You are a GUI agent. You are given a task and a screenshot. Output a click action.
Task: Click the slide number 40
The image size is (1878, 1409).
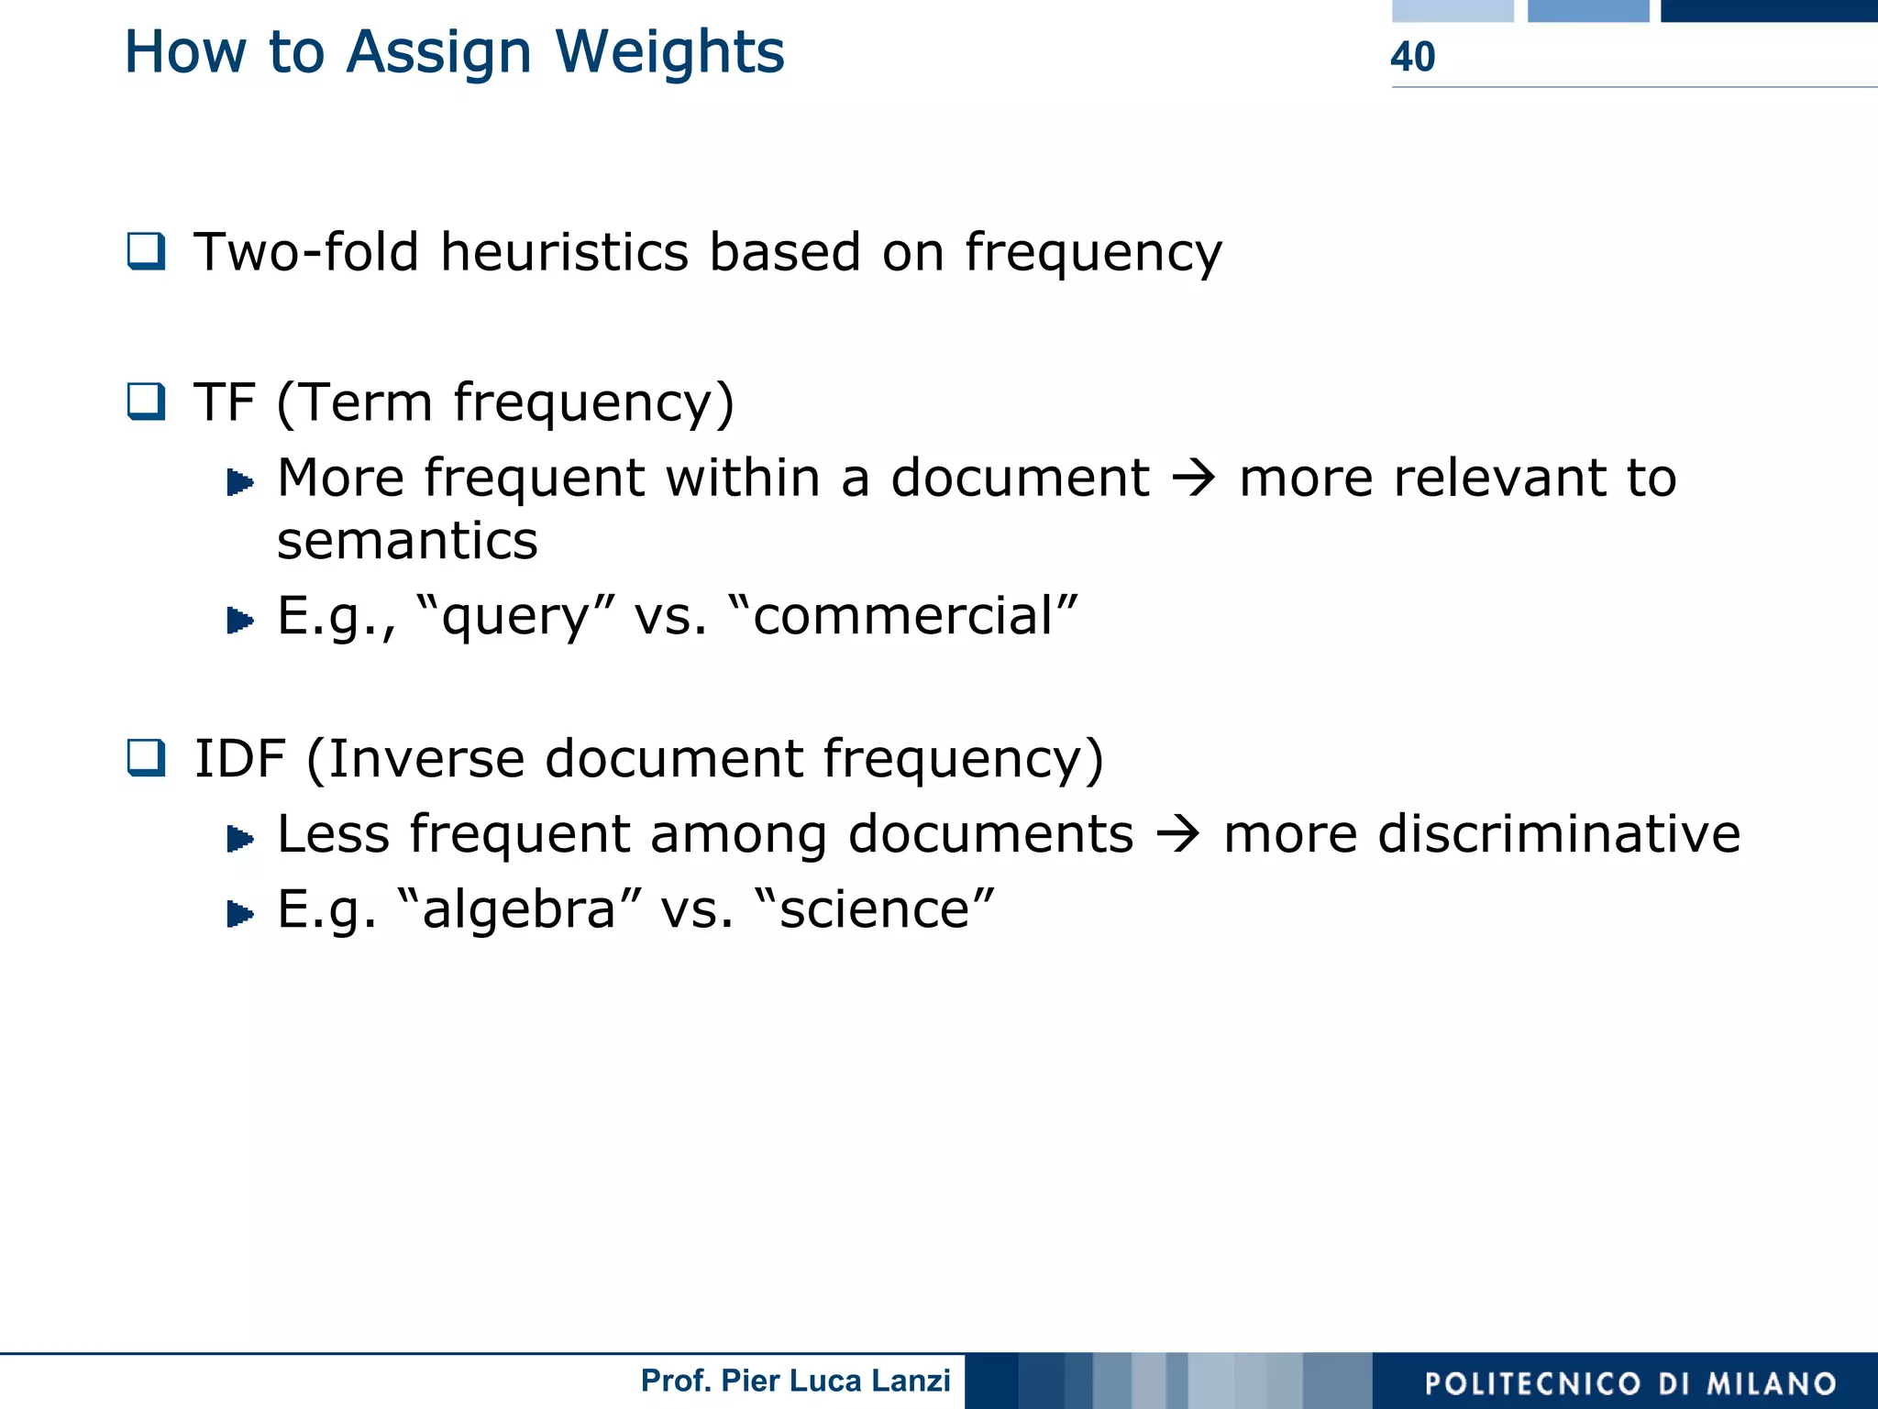(1412, 57)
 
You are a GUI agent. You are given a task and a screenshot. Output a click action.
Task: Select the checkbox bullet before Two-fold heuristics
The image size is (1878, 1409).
(146, 251)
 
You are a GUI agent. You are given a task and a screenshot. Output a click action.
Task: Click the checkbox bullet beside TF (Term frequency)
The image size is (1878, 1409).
(146, 402)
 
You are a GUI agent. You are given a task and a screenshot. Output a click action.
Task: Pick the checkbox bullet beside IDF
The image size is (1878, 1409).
(146, 758)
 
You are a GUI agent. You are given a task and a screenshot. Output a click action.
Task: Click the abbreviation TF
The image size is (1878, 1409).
(224, 402)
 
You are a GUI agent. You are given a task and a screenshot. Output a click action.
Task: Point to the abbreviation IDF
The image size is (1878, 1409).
(239, 759)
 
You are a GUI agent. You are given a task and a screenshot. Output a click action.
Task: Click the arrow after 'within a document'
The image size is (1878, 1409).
(1194, 478)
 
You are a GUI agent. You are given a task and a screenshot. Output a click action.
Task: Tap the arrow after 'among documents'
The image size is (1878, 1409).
(1178, 834)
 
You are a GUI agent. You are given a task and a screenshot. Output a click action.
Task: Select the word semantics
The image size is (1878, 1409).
(407, 541)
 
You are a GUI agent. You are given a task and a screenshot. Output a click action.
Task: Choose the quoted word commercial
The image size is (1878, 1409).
(903, 616)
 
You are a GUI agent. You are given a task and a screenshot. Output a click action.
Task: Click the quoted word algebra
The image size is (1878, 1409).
(519, 909)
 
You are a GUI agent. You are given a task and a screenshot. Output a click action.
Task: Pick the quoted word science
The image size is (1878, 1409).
(874, 909)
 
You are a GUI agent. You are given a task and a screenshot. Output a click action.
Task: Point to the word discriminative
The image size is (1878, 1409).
(1481, 834)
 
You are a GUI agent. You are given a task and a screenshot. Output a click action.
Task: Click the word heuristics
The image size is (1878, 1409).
(564, 252)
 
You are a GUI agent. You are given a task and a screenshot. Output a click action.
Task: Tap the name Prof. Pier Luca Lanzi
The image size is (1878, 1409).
(795, 1381)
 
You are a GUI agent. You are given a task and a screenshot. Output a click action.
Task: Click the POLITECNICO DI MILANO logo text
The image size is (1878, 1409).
(1630, 1383)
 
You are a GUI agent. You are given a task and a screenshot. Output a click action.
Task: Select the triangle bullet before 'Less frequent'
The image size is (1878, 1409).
(239, 838)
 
